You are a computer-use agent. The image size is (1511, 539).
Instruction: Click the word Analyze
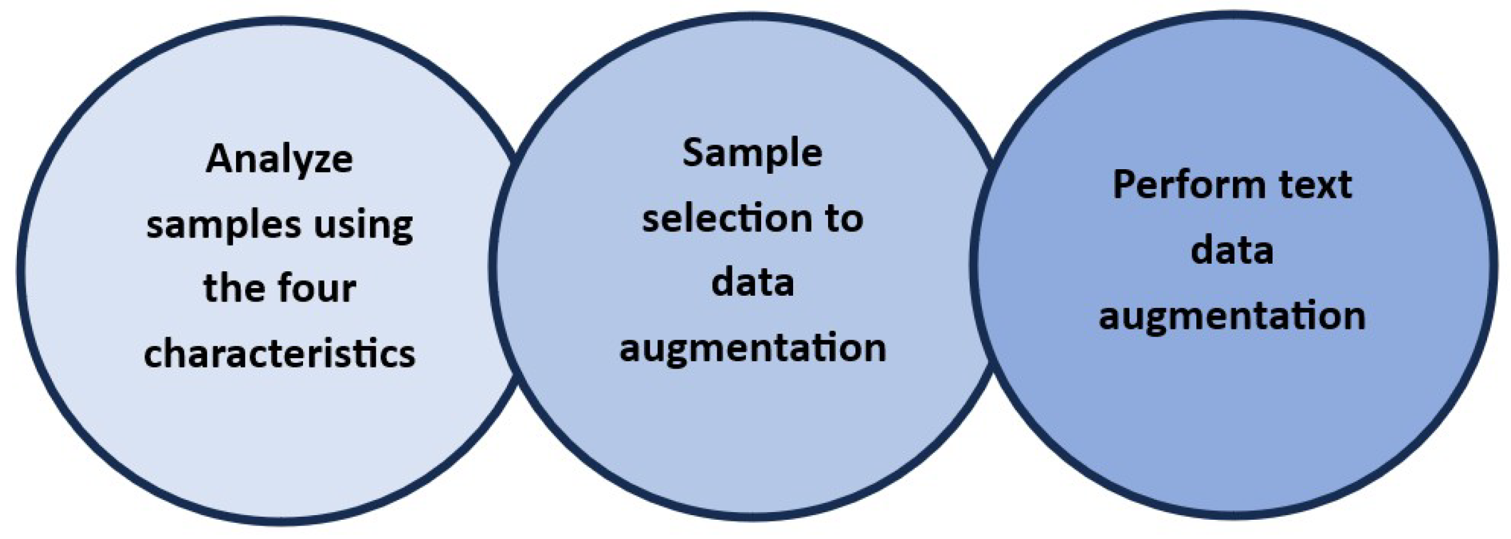coord(279,160)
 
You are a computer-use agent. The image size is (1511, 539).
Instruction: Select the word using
coord(363,225)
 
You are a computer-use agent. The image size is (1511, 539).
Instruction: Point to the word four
coord(317,288)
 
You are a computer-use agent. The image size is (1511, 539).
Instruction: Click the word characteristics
coord(279,353)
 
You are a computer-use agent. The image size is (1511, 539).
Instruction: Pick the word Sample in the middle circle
coord(752,154)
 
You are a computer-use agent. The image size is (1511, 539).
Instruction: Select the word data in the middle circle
coord(752,282)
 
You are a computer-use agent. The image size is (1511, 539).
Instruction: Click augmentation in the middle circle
coord(752,348)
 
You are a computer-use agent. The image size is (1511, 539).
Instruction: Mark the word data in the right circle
coord(1232,251)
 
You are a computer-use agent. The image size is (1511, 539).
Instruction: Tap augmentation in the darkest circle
coord(1232,316)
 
